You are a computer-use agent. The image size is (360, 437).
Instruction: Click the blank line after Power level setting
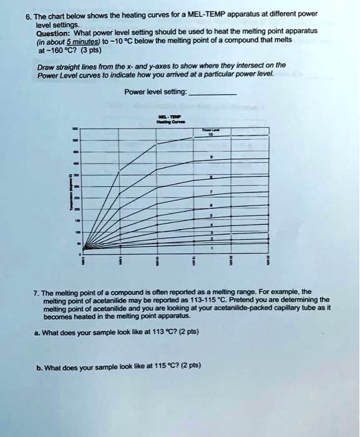point(212,92)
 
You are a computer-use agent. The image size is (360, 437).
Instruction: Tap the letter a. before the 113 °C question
point(39,331)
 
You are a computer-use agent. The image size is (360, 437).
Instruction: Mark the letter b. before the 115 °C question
point(39,365)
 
